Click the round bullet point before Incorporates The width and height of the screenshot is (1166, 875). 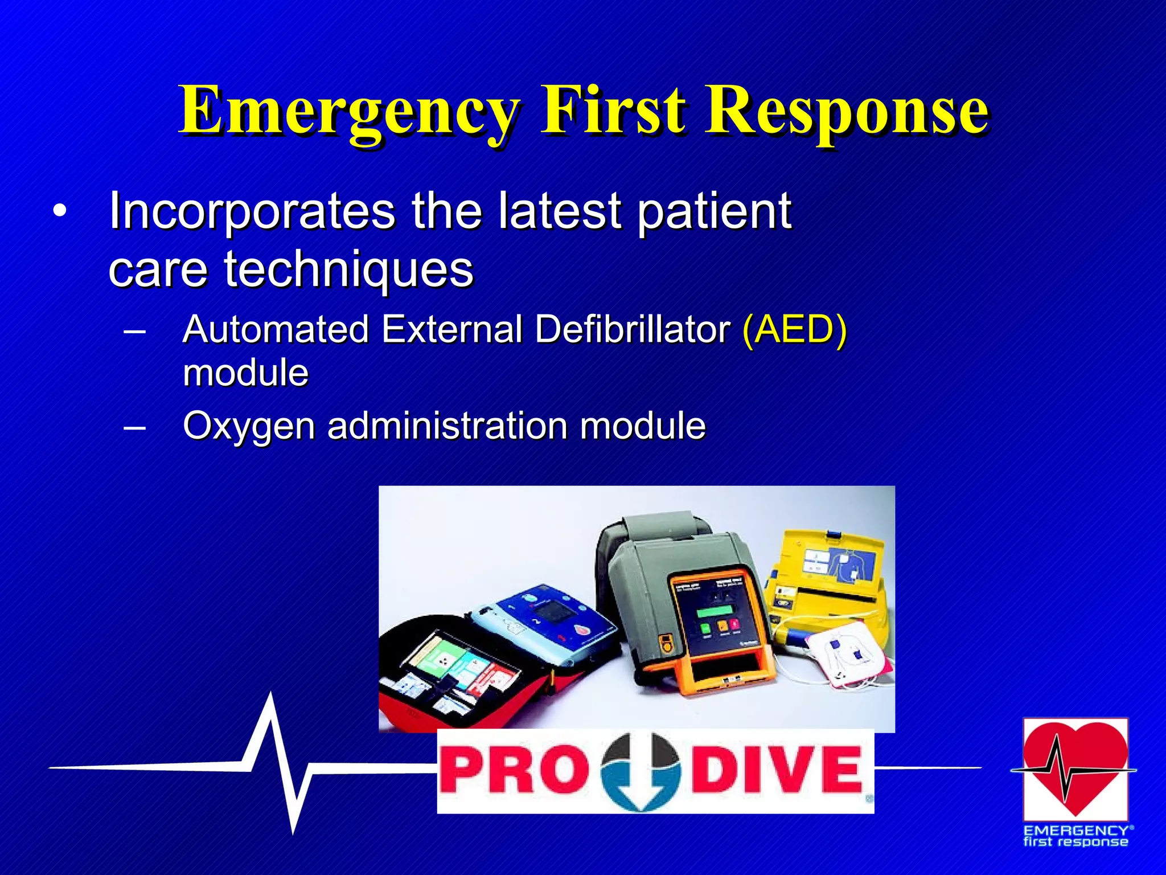click(59, 212)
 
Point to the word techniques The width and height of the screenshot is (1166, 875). click(348, 269)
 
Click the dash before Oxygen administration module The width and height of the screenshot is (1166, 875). click(134, 427)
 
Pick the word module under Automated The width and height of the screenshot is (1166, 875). click(245, 373)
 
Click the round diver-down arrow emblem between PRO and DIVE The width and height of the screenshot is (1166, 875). click(640, 771)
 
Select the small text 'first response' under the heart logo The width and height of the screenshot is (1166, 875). click(1075, 843)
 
